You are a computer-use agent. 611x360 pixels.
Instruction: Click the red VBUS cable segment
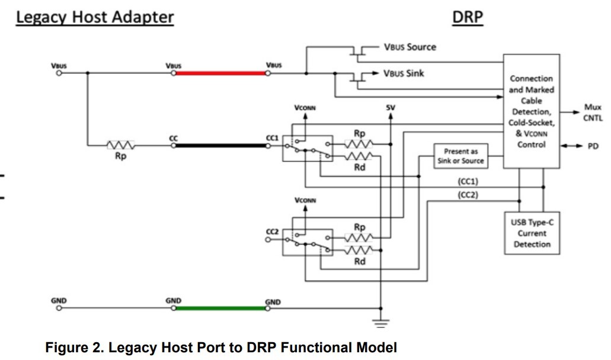pos(221,73)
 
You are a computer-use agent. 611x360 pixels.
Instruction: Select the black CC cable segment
pos(221,144)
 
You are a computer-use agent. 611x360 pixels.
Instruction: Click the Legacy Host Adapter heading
pos(95,17)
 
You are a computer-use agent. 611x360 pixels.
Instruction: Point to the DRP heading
pos(468,18)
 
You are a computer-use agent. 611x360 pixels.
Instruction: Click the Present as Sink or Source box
pos(460,156)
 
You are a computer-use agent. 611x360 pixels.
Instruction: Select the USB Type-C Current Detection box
pos(532,233)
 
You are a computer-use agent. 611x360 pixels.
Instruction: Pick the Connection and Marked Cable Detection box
pos(531,111)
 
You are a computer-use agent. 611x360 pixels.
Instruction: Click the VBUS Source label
pos(410,47)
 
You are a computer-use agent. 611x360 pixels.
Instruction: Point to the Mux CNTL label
pos(593,113)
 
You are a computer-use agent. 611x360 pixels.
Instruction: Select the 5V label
pos(390,108)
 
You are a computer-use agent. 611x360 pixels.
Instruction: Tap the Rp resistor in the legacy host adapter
pos(120,145)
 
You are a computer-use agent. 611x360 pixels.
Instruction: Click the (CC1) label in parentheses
pos(468,181)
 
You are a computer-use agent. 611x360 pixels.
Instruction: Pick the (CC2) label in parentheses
pos(468,194)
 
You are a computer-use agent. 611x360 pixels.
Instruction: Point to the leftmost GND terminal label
pos(58,301)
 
